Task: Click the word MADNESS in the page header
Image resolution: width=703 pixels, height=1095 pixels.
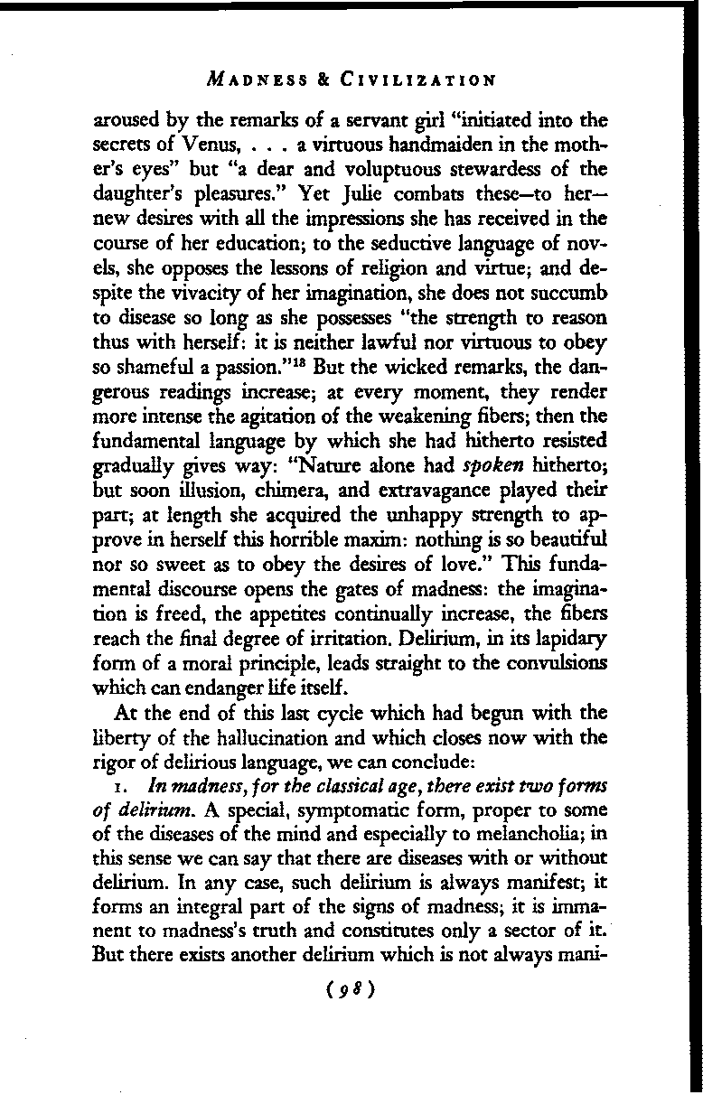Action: pos(250,80)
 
